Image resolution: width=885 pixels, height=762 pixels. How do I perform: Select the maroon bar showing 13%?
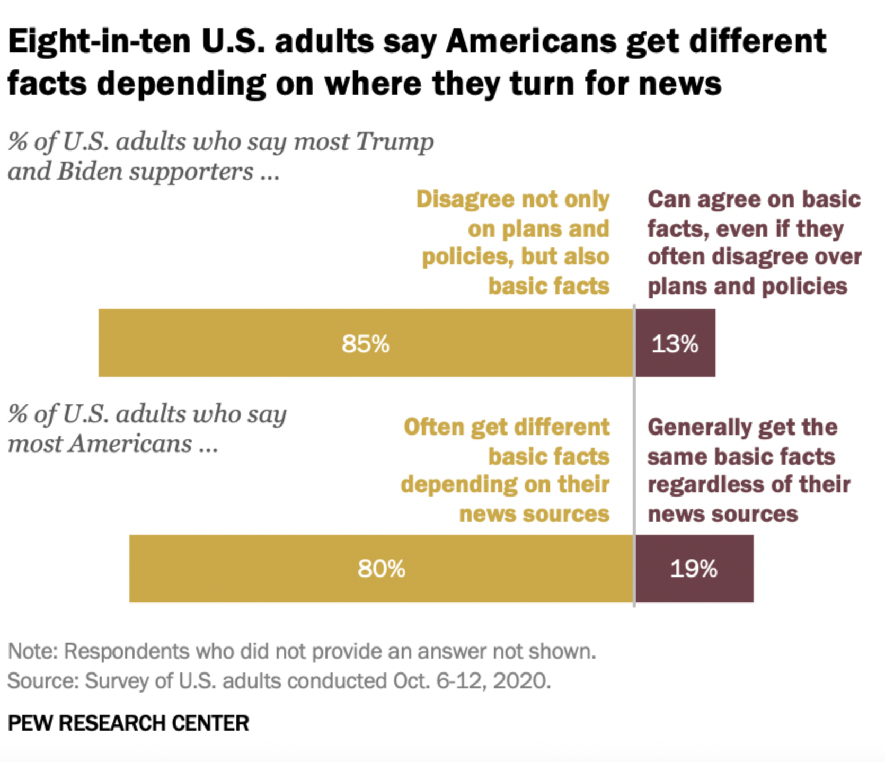pos(675,343)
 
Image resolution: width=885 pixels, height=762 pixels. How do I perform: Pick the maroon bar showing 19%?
pos(694,569)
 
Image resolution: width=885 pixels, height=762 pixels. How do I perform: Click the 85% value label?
pos(366,344)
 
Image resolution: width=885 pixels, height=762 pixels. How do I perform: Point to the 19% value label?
pos(694,569)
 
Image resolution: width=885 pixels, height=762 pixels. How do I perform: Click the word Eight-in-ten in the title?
pos(99,41)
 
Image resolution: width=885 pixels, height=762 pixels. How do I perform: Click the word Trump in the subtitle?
pos(395,142)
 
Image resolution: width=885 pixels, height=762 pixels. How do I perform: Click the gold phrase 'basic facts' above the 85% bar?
pos(549,286)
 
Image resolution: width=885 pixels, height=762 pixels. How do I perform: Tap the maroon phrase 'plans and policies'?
pos(747,286)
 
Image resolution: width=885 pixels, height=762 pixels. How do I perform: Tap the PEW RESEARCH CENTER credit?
pos(128,723)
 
